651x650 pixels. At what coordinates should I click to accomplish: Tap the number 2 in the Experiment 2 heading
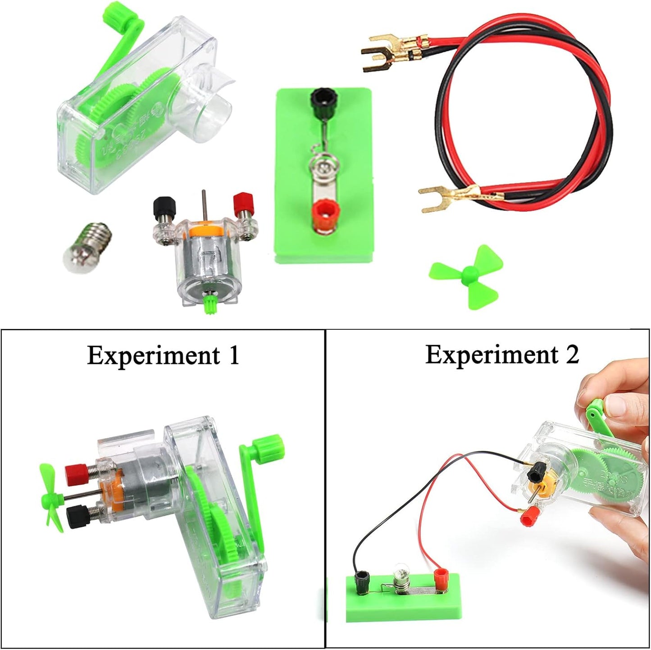[x=572, y=355]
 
